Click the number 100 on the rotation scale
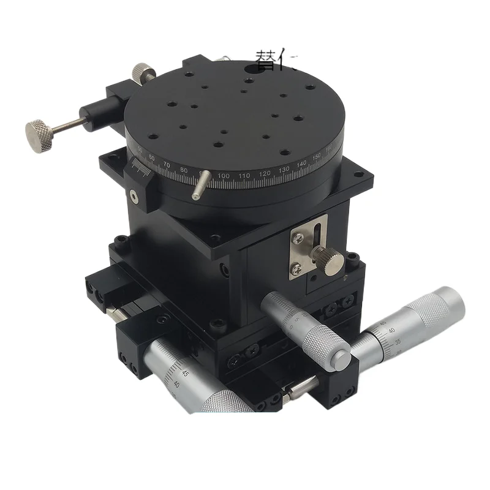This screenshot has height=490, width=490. tap(224, 176)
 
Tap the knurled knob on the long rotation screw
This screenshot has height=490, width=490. tap(39, 132)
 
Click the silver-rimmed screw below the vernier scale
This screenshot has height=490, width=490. tap(134, 195)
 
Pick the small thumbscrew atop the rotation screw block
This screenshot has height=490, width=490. tap(144, 72)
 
